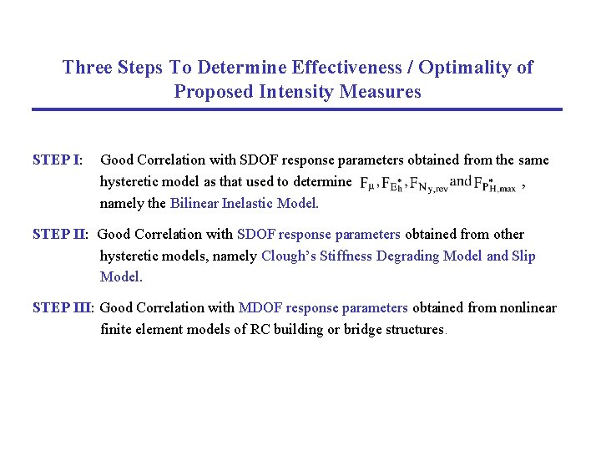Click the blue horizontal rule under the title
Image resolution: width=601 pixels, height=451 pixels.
point(297,109)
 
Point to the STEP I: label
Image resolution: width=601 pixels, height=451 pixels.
point(57,160)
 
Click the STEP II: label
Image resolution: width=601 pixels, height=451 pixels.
point(61,235)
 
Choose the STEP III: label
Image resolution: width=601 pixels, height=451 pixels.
point(63,308)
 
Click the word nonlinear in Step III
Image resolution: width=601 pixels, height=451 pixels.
point(528,308)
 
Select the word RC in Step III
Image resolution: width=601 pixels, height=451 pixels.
point(260,329)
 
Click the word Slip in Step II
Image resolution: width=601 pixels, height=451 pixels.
point(523,256)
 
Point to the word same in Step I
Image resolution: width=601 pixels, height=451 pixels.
point(533,160)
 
